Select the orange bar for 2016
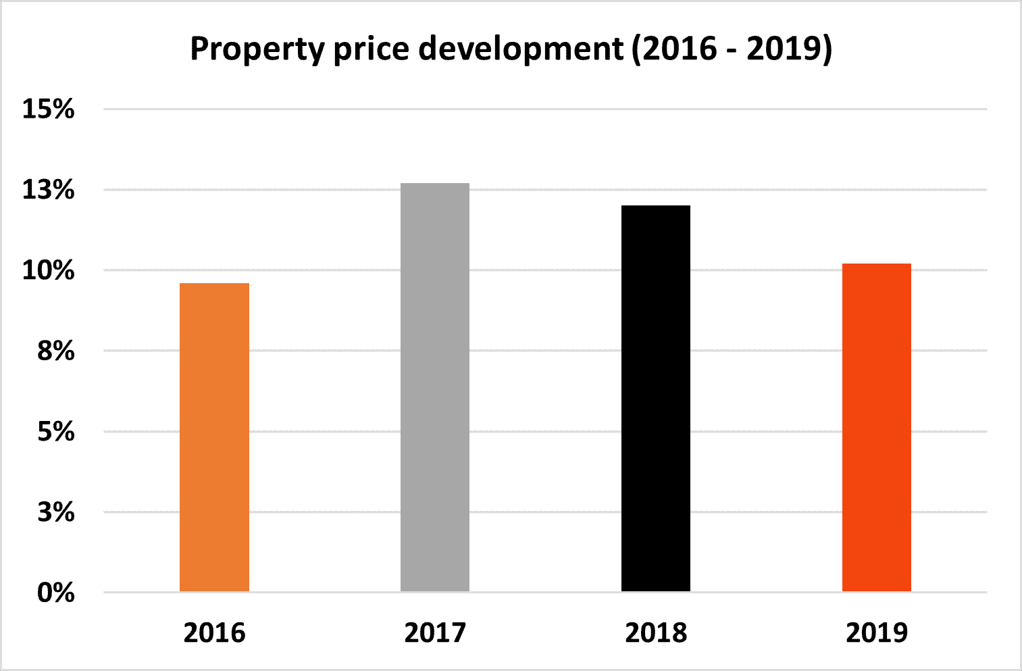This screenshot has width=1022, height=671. click(214, 437)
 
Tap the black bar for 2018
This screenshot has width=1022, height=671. click(656, 399)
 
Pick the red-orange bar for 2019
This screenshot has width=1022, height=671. click(876, 428)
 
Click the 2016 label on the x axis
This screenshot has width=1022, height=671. click(214, 633)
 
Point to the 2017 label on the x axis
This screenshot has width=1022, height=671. click(435, 633)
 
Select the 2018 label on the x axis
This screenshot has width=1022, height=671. click(656, 633)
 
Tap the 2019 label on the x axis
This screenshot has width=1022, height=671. click(877, 633)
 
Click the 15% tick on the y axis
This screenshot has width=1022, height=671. click(49, 109)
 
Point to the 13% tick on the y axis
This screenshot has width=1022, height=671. click(49, 190)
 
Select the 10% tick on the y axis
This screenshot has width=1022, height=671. click(49, 270)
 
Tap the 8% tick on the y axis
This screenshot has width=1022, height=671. click(55, 351)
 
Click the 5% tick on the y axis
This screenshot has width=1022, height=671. click(55, 431)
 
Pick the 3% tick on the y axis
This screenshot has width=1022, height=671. click(55, 512)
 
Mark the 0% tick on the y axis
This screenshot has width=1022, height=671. click(55, 593)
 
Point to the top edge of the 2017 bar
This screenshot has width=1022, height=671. click(435, 184)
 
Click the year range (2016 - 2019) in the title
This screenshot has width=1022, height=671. click(732, 49)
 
